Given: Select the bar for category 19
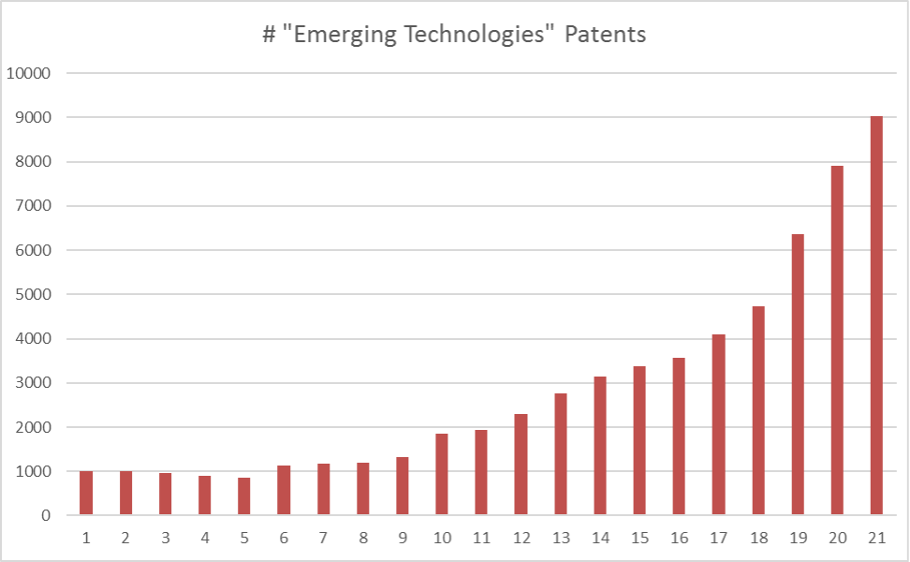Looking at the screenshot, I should point(798,375).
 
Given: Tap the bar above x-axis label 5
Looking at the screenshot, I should point(243,496).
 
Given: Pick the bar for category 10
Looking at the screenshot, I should point(441,474).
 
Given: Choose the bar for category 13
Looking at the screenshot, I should point(560,454).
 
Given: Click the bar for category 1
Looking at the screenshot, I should point(86,493).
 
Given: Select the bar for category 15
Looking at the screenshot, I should point(639,440).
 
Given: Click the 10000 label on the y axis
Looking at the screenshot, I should point(30,73).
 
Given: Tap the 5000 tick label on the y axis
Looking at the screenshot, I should point(34,294).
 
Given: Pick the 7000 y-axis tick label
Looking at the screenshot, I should point(34,206).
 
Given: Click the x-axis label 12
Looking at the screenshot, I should point(521,538).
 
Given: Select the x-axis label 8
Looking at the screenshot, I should point(362,538).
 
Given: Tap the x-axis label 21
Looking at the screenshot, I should point(876,538).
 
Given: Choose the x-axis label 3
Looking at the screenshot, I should point(165,538).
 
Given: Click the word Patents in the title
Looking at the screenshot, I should point(610,36).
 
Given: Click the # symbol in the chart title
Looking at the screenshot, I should point(268,36).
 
